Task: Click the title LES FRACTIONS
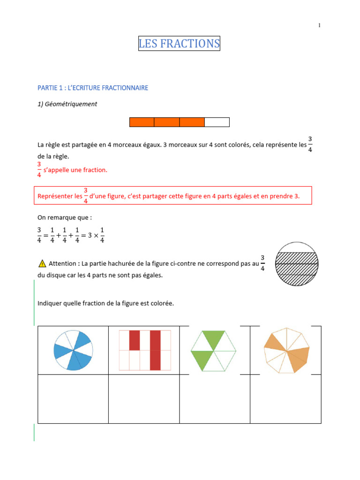click(179, 44)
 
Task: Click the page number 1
click(319, 26)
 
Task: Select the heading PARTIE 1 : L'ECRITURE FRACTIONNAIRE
click(93, 88)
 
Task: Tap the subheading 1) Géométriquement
click(67, 104)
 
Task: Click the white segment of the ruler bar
click(217, 122)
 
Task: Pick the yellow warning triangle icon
click(42, 263)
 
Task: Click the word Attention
click(63, 263)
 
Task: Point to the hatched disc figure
click(297, 264)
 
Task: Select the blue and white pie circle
click(74, 350)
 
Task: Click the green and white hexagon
click(214, 350)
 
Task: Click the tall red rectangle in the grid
click(155, 350)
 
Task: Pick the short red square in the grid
click(135, 340)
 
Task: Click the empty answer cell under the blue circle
click(73, 398)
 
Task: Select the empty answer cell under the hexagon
click(215, 398)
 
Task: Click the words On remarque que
click(58, 217)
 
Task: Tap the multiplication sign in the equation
click(94, 236)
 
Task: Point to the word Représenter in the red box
click(58, 196)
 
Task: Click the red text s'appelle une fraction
click(75, 170)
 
